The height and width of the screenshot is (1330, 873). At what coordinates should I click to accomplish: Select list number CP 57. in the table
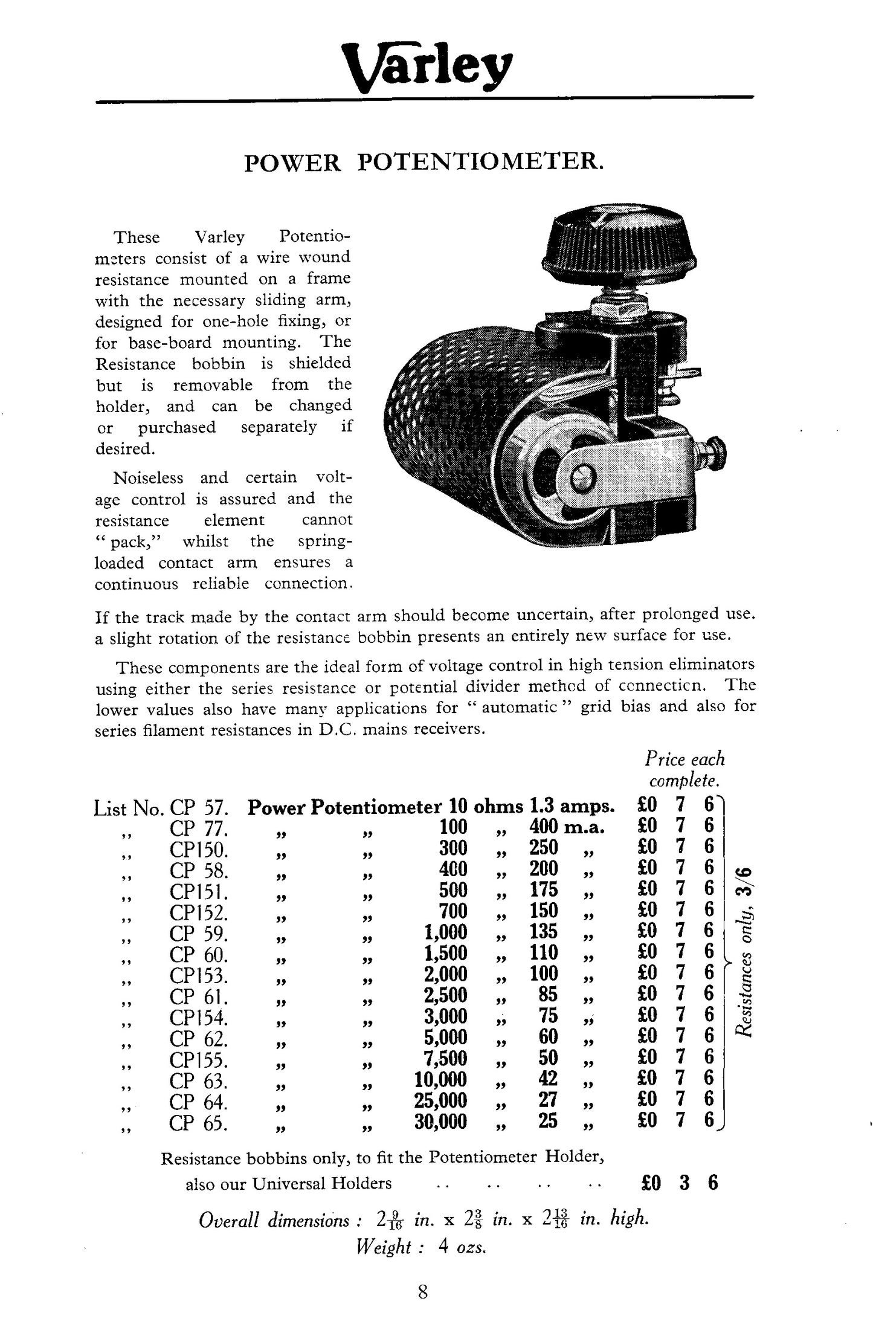[199, 807]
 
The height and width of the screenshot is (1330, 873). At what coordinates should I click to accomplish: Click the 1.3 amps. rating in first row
[572, 806]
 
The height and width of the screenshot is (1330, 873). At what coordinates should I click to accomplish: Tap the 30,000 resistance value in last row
[440, 1122]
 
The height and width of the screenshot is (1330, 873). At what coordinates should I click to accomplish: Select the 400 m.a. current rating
[567, 827]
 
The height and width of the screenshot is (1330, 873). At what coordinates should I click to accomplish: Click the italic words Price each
[684, 759]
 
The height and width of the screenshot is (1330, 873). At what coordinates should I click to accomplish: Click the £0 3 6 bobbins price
[678, 1182]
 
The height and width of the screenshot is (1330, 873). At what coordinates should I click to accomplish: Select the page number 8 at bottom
[422, 1292]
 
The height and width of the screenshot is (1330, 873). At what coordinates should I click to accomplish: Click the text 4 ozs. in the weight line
[462, 1246]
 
